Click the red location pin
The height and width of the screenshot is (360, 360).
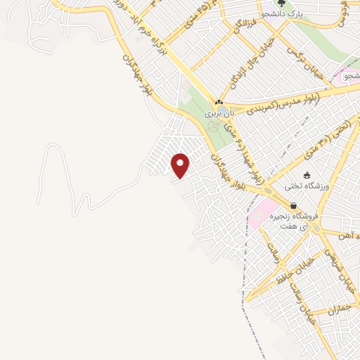(x=181, y=165)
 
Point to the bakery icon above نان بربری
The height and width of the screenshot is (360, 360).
(x=218, y=103)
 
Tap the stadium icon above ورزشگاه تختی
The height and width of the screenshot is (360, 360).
(x=307, y=175)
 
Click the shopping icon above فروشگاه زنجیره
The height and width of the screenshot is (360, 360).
(x=293, y=205)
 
